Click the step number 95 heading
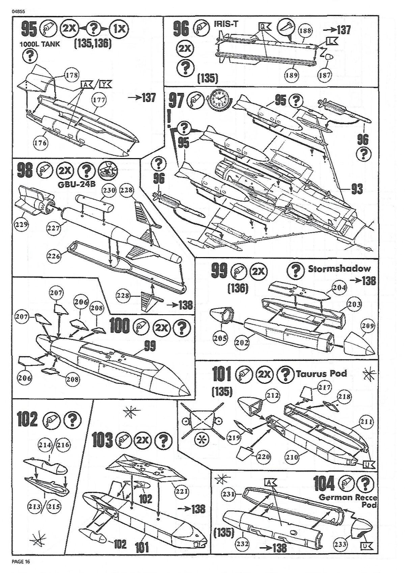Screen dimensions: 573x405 click(x=29, y=30)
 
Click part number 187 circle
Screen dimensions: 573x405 click(x=325, y=75)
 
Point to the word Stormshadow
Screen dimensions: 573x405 click(x=339, y=269)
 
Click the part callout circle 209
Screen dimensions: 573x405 click(x=367, y=326)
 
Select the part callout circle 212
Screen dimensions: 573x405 click(x=273, y=396)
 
